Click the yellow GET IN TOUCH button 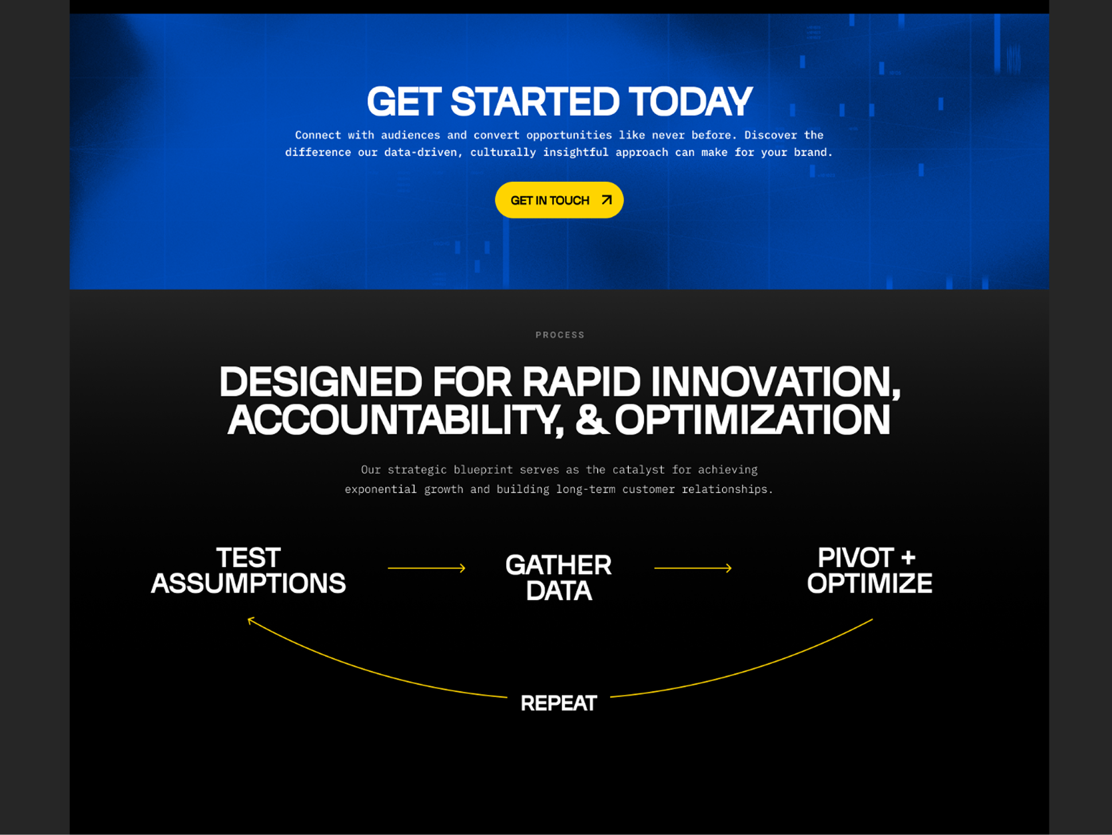(x=559, y=200)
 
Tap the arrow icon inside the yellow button (x=606, y=200)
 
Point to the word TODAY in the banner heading (x=690, y=102)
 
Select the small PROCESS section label (x=560, y=335)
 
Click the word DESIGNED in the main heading (x=321, y=382)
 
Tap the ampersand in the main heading (x=592, y=420)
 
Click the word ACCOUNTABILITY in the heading (x=395, y=420)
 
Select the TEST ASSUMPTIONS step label (x=248, y=570)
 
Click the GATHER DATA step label (x=558, y=578)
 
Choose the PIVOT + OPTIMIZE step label (x=869, y=570)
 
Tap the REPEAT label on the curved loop (x=559, y=703)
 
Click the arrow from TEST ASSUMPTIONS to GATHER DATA (x=426, y=568)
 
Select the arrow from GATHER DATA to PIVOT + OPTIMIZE (x=693, y=568)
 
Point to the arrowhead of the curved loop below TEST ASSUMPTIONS (x=250, y=620)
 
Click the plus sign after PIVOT (x=908, y=558)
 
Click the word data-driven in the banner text (x=423, y=152)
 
